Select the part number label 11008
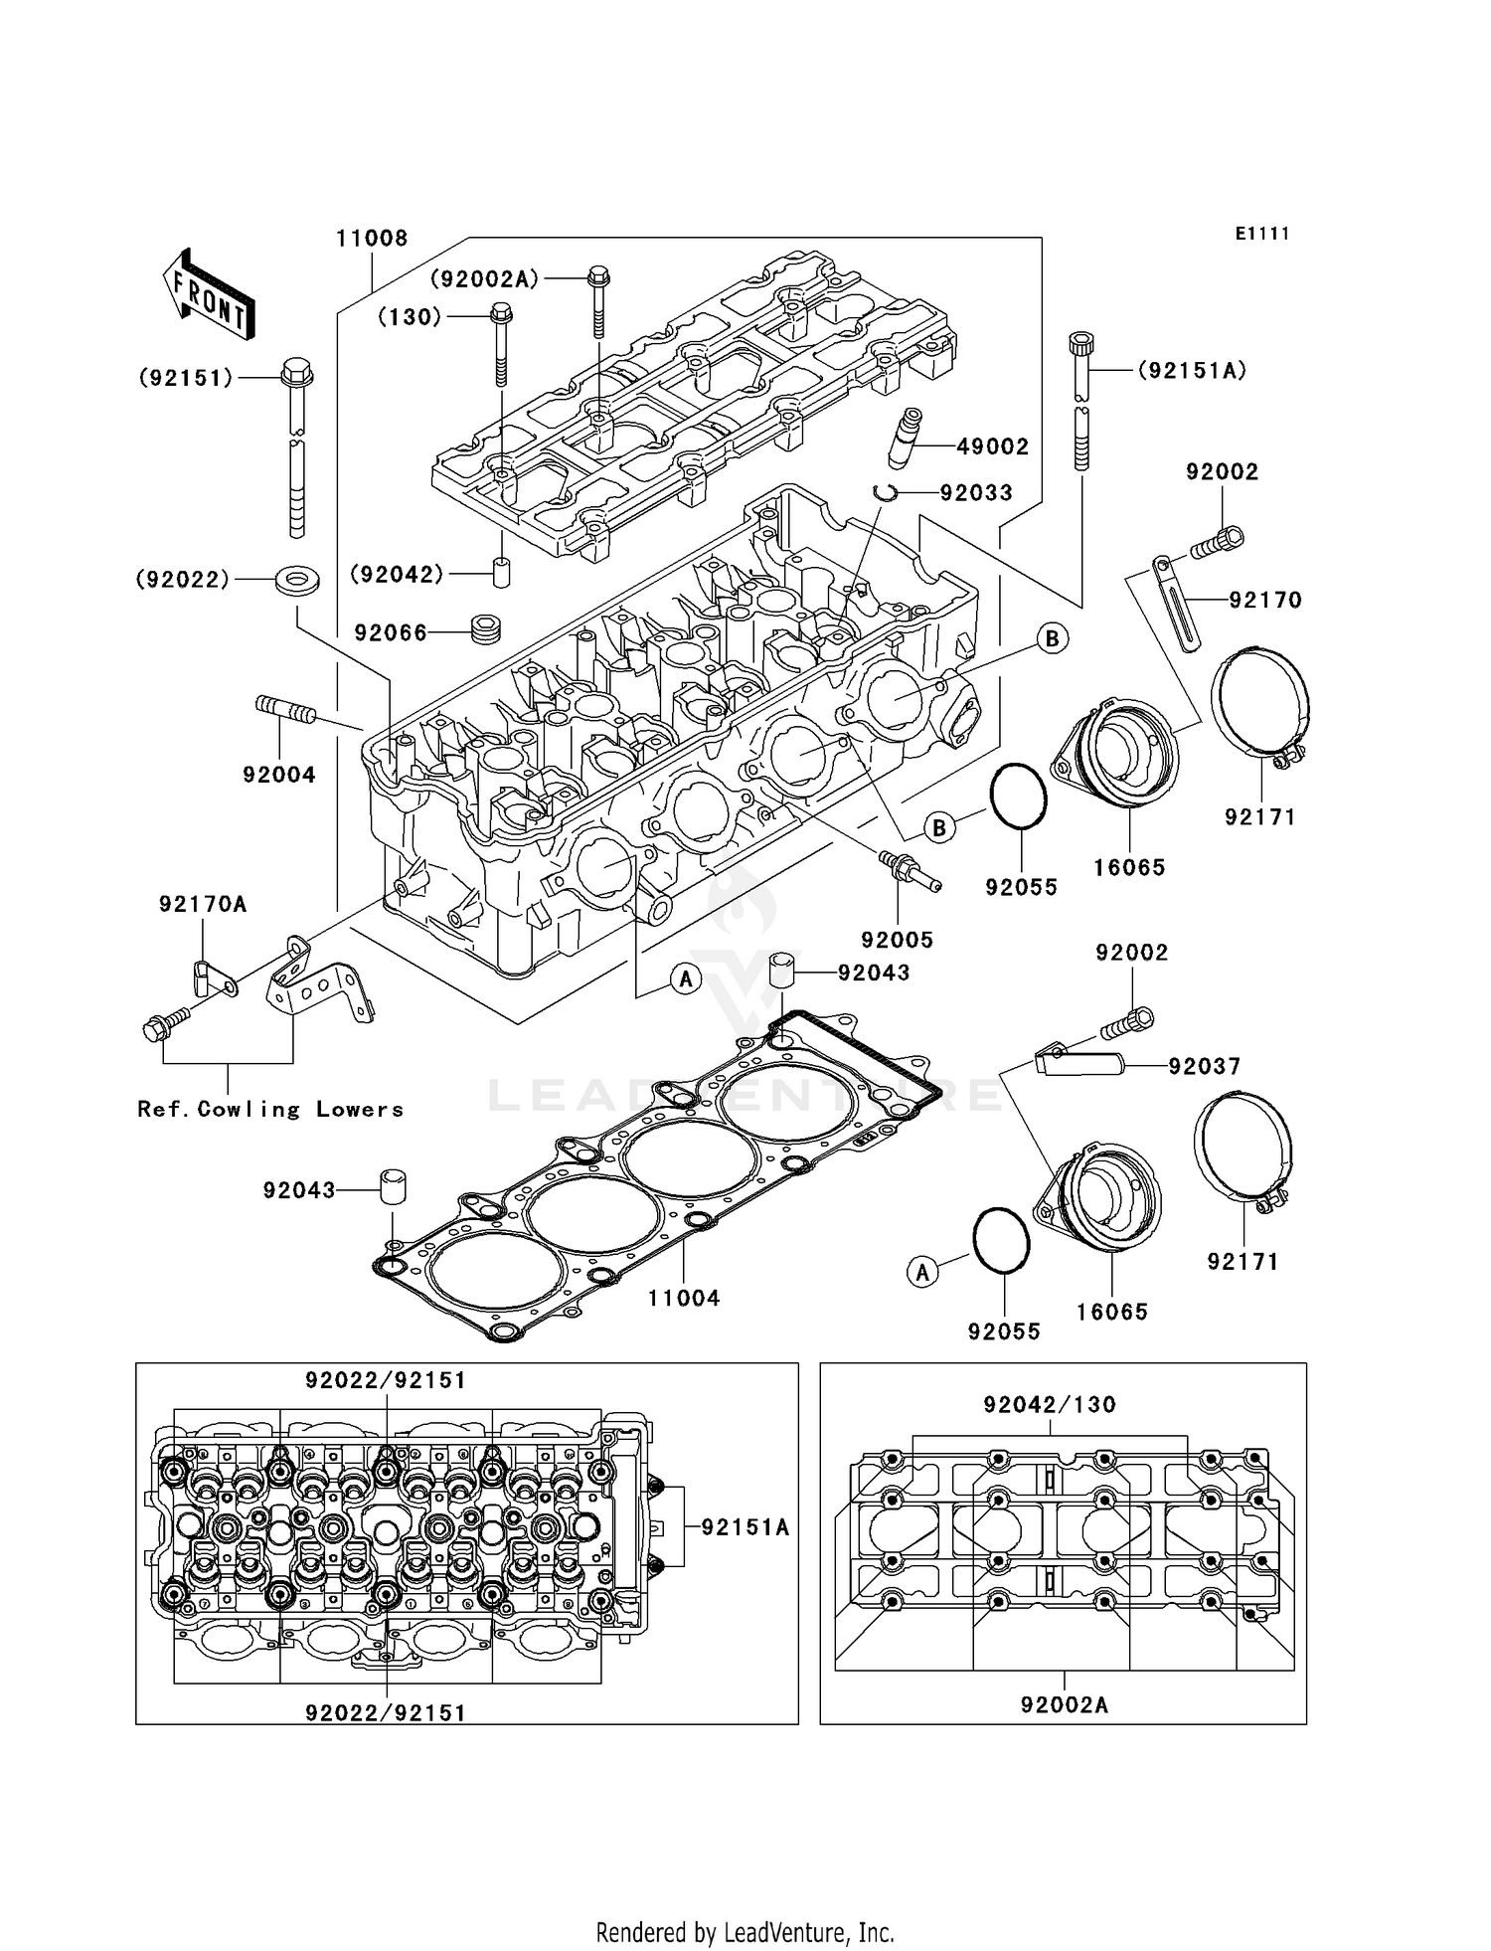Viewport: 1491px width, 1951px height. [371, 239]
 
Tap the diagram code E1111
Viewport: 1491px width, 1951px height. [1261, 234]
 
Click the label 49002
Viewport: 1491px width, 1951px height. [992, 447]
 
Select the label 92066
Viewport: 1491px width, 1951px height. [391, 633]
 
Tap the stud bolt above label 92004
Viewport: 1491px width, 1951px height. [286, 711]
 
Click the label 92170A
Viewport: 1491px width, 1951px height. [203, 904]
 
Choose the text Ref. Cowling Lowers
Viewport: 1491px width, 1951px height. [270, 1110]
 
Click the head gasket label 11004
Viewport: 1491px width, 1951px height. [684, 1298]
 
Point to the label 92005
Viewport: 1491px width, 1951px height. [897, 940]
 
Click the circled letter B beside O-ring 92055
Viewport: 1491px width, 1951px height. [938, 826]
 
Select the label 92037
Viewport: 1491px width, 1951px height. [1205, 1067]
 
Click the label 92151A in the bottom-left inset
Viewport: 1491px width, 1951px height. [745, 1527]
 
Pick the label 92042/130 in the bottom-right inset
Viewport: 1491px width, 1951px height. [1050, 1405]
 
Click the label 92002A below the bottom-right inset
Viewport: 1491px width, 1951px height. [1064, 1705]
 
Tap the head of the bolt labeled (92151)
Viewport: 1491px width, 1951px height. [296, 375]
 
